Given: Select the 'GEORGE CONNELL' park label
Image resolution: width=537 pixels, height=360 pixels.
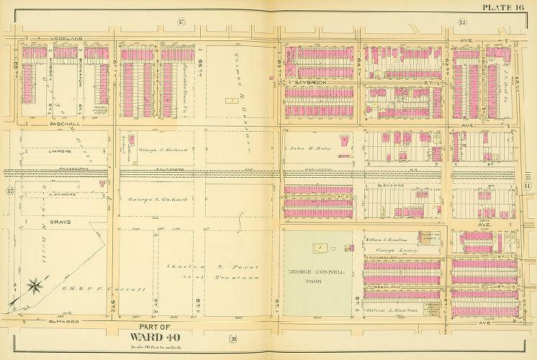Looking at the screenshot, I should pos(317,272).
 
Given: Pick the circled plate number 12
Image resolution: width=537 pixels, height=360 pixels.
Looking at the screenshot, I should pos(461,22).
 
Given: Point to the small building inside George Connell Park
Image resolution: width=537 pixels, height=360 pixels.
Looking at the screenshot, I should pos(317,247).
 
